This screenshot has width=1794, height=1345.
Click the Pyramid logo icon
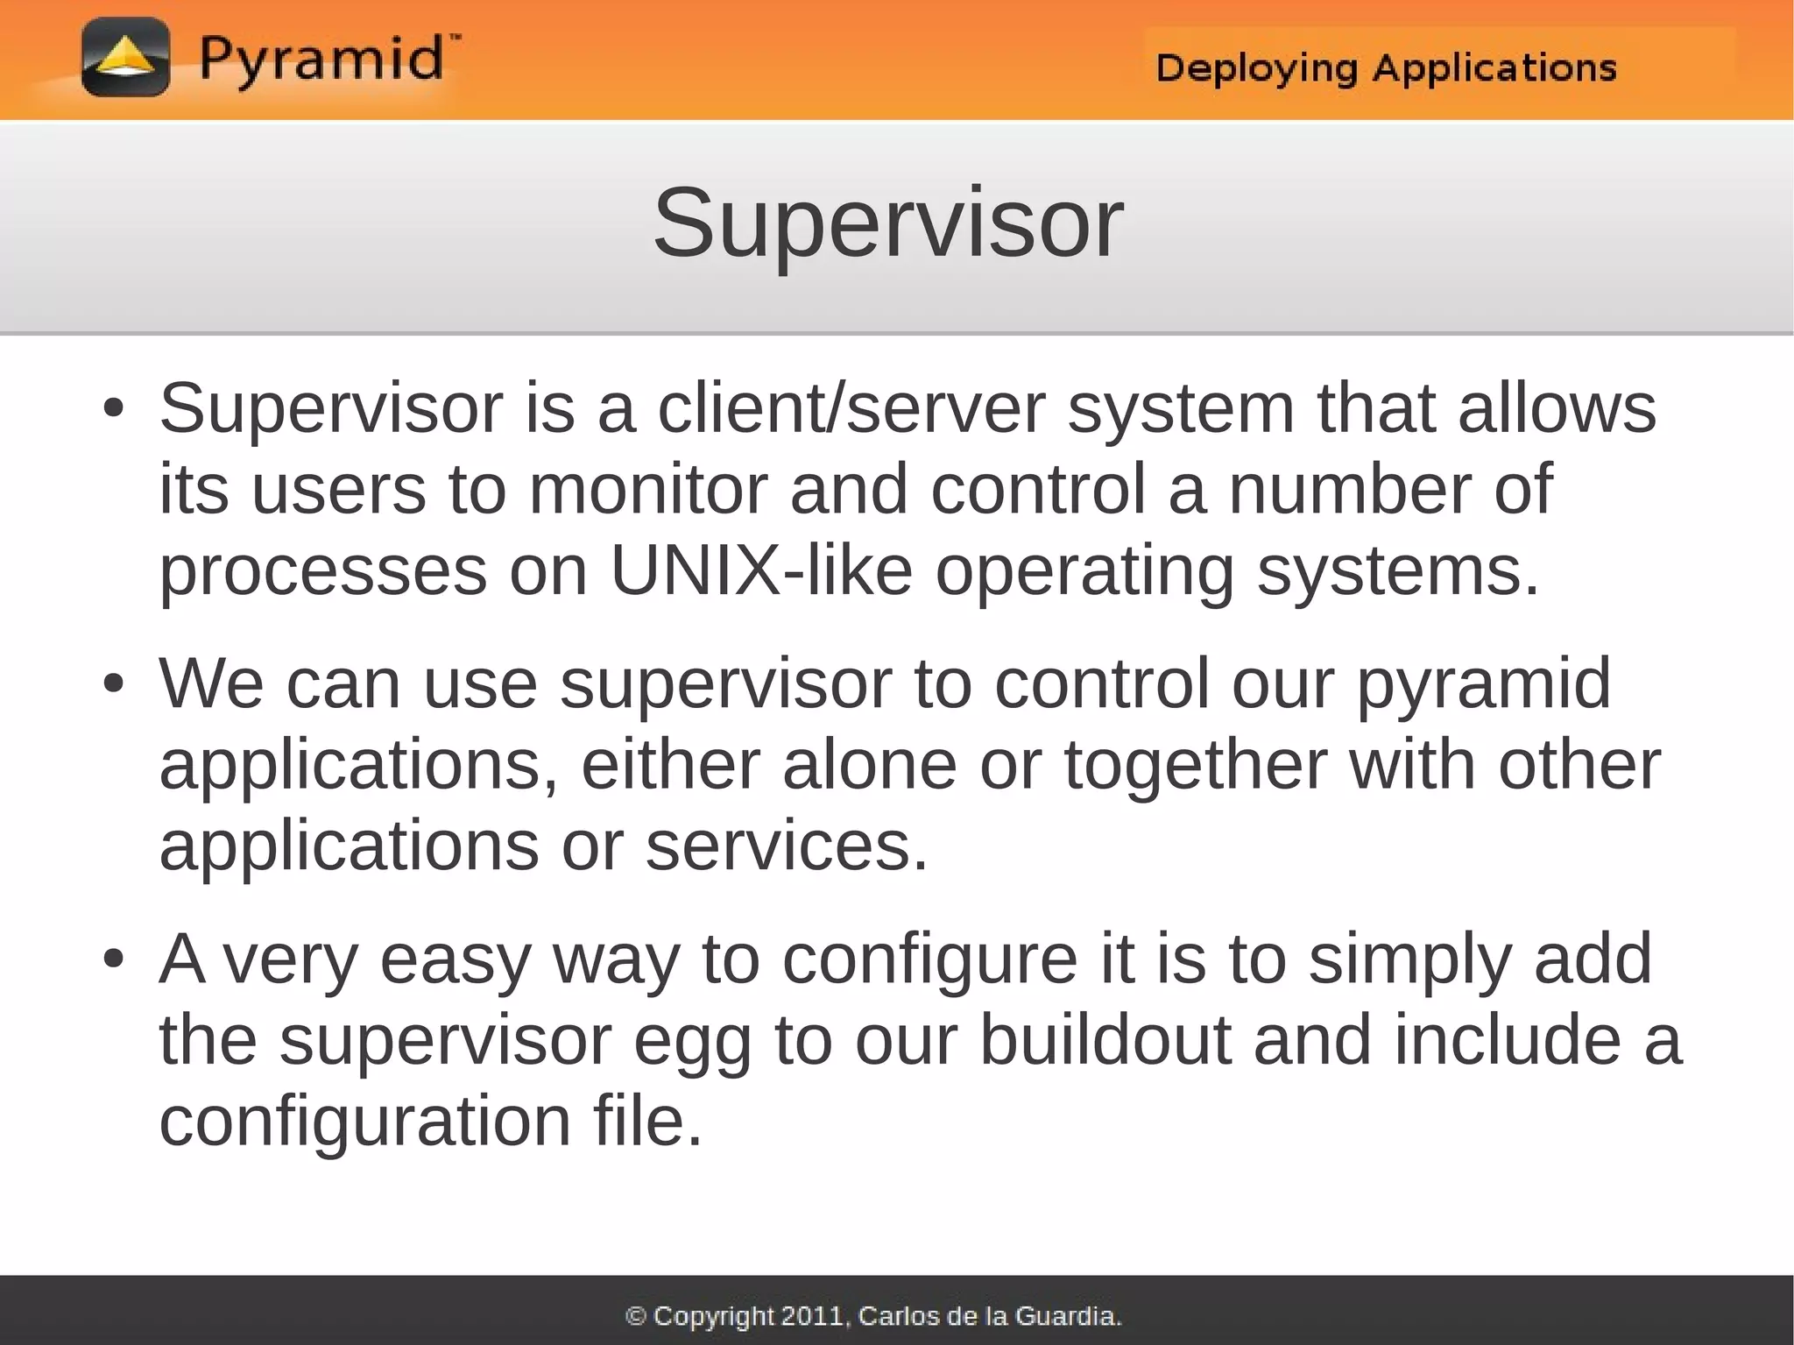(x=125, y=57)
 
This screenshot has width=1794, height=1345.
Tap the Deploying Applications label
(x=1386, y=67)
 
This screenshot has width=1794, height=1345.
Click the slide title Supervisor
(x=887, y=223)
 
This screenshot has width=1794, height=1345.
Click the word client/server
(x=851, y=408)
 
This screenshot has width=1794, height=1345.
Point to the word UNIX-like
(x=761, y=570)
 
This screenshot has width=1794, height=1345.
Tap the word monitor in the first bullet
(x=648, y=489)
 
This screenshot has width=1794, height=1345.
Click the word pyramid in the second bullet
(x=1483, y=684)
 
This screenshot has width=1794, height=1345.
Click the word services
(x=786, y=846)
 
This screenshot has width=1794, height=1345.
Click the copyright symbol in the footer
(x=637, y=1316)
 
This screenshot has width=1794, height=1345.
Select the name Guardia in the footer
(x=1067, y=1316)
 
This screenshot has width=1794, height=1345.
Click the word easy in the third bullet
(x=456, y=960)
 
